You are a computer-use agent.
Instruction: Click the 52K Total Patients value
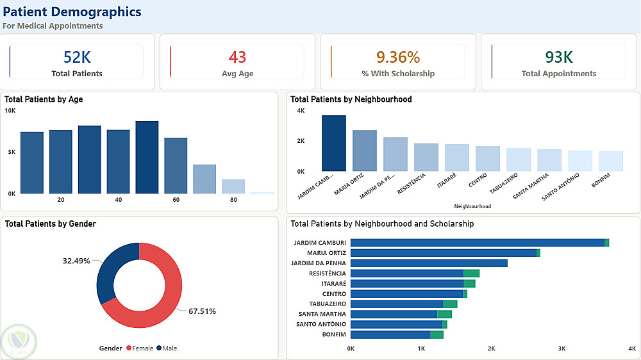(77, 57)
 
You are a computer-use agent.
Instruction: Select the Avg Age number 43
(237, 57)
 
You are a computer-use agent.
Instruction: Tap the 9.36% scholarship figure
(397, 57)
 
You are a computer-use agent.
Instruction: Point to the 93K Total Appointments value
(558, 57)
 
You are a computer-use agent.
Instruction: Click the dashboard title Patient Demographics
(72, 12)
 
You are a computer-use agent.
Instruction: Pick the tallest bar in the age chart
(147, 158)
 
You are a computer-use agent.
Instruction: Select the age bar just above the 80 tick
(233, 186)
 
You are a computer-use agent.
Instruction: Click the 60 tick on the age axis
(176, 200)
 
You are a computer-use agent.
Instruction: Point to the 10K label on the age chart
(10, 111)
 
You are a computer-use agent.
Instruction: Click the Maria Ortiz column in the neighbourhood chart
(365, 151)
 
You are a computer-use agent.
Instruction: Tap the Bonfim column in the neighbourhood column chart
(611, 161)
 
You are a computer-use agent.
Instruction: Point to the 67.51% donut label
(202, 311)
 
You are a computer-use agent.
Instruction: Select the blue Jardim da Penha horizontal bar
(429, 263)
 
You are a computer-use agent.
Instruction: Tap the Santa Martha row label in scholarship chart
(322, 314)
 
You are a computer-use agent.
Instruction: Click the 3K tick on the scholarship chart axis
(562, 348)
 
